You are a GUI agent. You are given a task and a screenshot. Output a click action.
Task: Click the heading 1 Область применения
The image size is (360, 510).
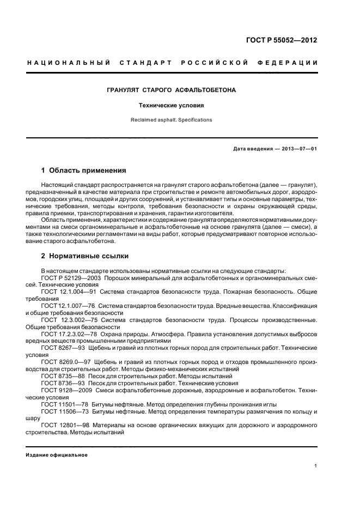tap(84, 170)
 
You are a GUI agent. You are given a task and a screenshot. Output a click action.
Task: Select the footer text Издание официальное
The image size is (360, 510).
tap(57, 454)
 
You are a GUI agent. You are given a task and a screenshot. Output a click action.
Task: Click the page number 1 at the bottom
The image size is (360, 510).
tap(316, 466)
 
